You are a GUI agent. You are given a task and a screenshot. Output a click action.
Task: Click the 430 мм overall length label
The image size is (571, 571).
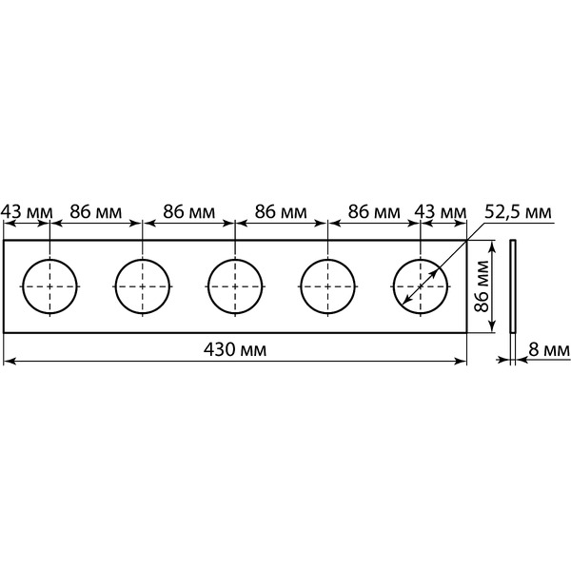coord(235,350)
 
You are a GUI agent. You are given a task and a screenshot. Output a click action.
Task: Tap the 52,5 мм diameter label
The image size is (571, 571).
coord(518,212)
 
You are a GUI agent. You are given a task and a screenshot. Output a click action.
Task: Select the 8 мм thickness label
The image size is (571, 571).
coord(549,350)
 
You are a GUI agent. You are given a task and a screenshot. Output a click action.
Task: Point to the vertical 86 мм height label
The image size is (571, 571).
coord(482,286)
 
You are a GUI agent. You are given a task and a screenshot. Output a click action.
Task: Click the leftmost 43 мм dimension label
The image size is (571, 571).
coord(27,212)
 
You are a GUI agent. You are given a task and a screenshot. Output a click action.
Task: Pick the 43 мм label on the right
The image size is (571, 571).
coord(441,212)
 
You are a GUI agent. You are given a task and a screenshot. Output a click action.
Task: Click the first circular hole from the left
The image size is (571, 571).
coord(49,259)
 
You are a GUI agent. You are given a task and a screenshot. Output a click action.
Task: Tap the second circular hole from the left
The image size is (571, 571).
coord(143,259)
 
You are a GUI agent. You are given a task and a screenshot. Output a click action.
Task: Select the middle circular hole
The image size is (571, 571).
coord(235,259)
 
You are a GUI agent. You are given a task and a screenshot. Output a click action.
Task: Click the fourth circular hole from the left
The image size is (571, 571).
coord(327,259)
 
